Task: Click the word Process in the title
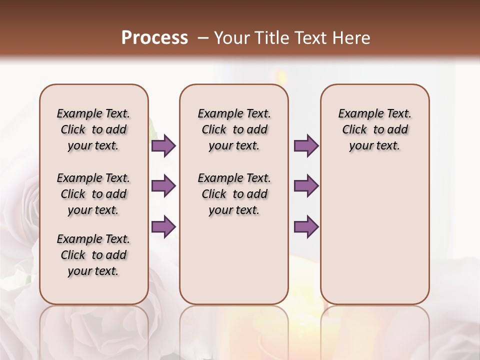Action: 154,37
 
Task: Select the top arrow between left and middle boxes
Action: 163,145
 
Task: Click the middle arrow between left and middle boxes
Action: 163,186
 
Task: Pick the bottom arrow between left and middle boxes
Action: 163,226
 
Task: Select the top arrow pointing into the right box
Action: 306,145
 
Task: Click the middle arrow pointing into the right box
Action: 306,186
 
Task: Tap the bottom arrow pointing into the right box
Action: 306,226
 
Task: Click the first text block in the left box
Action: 93,129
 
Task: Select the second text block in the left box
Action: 93,194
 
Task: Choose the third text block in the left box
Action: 93,255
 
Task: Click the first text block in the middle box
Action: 234,129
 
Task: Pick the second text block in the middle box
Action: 234,194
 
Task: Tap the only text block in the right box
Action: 374,129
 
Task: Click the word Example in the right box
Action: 356,114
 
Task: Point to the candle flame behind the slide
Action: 280,76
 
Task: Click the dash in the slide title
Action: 202,38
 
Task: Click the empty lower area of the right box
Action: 374,235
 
